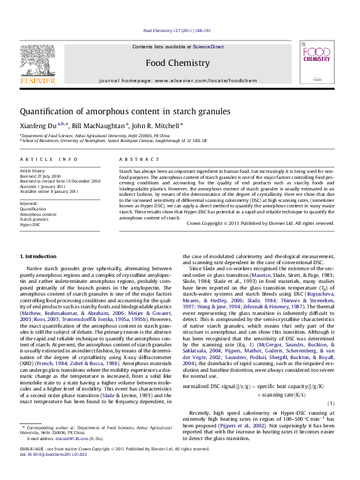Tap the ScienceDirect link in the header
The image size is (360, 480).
(x=208, y=47)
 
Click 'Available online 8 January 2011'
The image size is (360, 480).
(x=49, y=191)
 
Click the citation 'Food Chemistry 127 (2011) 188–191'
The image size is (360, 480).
(x=177, y=30)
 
